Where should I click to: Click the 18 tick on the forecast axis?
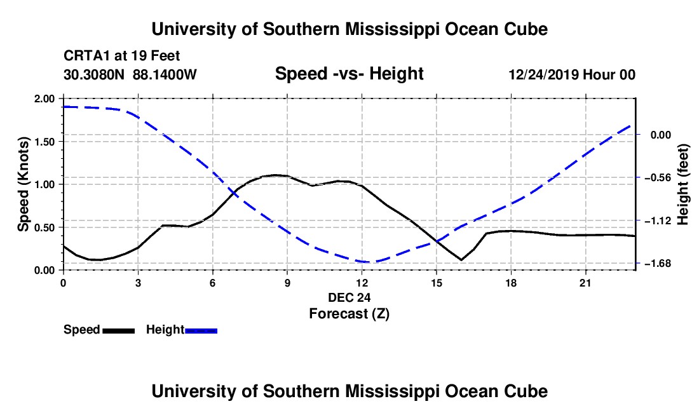[x=511, y=283]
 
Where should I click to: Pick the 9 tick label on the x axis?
[x=287, y=283]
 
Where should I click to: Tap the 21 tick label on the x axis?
[x=585, y=283]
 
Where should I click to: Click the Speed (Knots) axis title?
[x=23, y=184]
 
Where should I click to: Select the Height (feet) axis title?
[x=682, y=184]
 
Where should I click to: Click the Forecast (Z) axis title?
[x=349, y=314]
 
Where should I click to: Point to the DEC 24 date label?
[x=349, y=297]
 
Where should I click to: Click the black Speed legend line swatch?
[x=119, y=331]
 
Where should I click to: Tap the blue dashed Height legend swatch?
[x=201, y=331]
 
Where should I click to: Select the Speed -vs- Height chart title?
[x=349, y=74]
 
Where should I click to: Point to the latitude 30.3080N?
[x=94, y=74]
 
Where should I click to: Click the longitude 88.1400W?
[x=165, y=74]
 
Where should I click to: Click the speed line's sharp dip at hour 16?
[x=461, y=260]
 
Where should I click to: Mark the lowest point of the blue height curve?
[x=370, y=262]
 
